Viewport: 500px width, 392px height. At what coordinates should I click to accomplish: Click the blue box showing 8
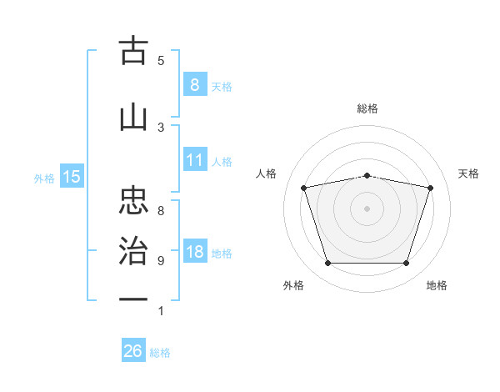point(194,84)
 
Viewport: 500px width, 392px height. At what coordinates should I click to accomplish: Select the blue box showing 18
point(194,252)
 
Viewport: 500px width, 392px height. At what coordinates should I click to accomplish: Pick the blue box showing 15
point(72,176)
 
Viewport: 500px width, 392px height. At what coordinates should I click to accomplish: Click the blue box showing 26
point(133,351)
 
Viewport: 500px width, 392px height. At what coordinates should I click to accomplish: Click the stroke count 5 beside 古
point(161,61)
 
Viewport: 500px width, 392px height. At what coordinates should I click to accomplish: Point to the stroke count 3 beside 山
point(161,127)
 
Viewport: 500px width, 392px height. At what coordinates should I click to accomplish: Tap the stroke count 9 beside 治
point(161,261)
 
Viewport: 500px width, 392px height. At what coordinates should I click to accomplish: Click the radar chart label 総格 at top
point(367,108)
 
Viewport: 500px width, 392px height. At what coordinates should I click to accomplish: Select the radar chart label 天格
point(469,173)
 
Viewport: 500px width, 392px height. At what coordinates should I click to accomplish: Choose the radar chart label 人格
point(267,173)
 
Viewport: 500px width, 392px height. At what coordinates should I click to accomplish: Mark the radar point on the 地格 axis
point(406,264)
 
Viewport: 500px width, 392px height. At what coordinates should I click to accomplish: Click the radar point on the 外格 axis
point(327,264)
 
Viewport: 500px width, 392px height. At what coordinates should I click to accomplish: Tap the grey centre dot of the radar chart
point(367,209)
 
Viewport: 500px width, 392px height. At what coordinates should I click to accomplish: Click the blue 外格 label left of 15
point(44,178)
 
